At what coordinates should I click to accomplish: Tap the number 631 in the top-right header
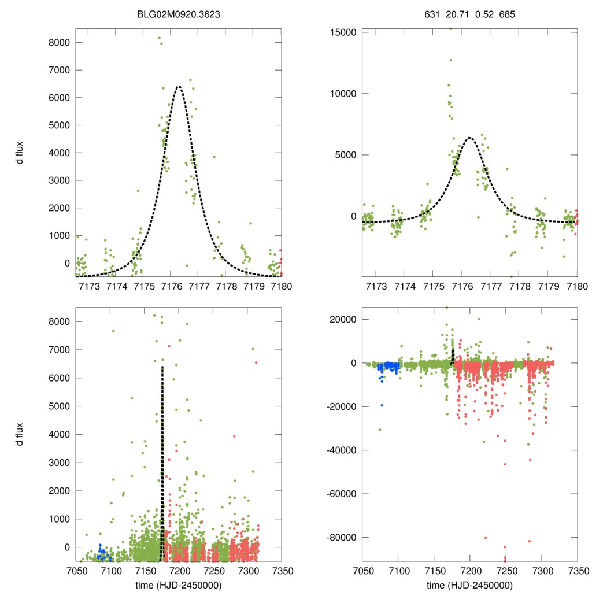tap(432, 10)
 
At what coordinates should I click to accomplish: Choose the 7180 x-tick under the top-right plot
tap(576, 286)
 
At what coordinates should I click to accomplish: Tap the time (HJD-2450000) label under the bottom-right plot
tap(470, 584)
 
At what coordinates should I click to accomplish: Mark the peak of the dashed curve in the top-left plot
tap(179, 86)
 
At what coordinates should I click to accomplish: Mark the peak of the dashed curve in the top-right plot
tap(469, 138)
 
